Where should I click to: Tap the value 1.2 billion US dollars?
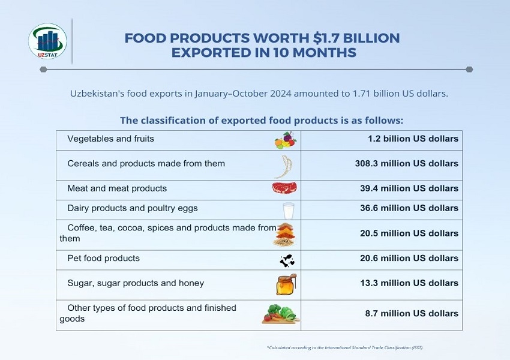[413, 139]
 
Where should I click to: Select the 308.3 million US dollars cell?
[406, 164]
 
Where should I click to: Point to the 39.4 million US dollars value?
[409, 188]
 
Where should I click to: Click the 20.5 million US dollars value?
[409, 233]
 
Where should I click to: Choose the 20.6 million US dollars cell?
[409, 258]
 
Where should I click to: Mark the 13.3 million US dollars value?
[409, 283]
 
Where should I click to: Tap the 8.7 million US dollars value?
[412, 313]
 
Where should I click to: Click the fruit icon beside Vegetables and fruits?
[285, 140]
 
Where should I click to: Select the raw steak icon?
[284, 188]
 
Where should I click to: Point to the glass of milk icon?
[289, 211]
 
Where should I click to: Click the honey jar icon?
[286, 284]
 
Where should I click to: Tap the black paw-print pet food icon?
[287, 260]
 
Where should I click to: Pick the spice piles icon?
[284, 234]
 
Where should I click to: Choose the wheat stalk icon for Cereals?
[283, 166]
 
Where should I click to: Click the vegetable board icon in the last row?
[280, 314]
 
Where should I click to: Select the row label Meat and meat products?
[117, 188]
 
